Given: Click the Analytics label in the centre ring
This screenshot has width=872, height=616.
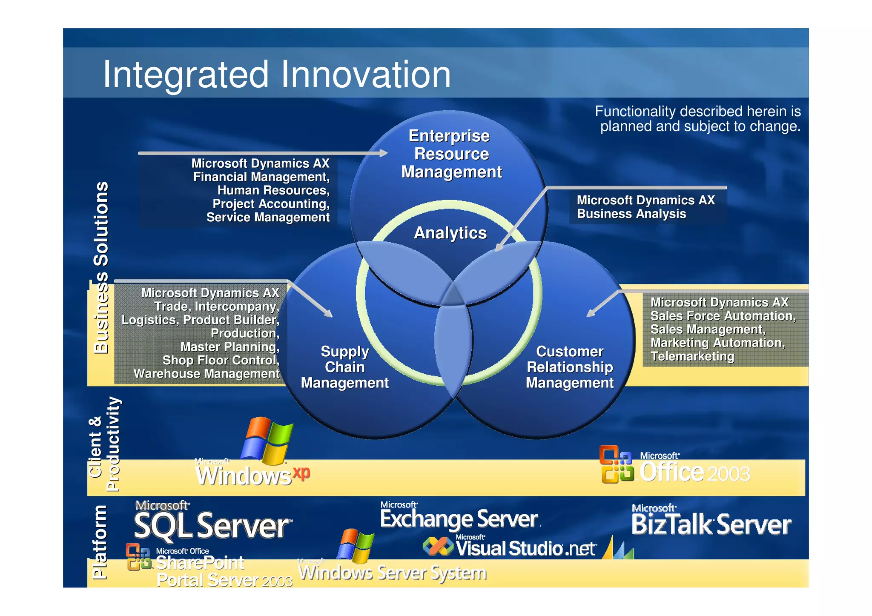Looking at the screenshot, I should click(450, 233).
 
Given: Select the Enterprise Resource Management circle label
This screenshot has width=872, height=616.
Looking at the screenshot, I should click(451, 154).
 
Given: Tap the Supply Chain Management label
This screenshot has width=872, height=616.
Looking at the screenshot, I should click(344, 367).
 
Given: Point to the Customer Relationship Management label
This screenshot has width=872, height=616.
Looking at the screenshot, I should click(569, 367).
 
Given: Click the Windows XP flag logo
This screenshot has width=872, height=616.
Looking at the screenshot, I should click(267, 441).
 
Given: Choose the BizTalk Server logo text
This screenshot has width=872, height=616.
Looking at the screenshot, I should click(711, 525).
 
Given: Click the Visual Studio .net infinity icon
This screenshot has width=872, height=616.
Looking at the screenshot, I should click(438, 546).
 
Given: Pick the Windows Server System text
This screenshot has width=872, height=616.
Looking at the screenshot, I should click(392, 573).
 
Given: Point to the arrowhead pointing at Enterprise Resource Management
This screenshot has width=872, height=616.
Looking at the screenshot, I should click(383, 153).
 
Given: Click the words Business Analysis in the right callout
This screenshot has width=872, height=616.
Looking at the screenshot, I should click(631, 214).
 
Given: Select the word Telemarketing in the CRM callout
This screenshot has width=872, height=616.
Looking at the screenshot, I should click(692, 356).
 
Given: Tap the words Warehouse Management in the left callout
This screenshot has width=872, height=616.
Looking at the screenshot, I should click(207, 374).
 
